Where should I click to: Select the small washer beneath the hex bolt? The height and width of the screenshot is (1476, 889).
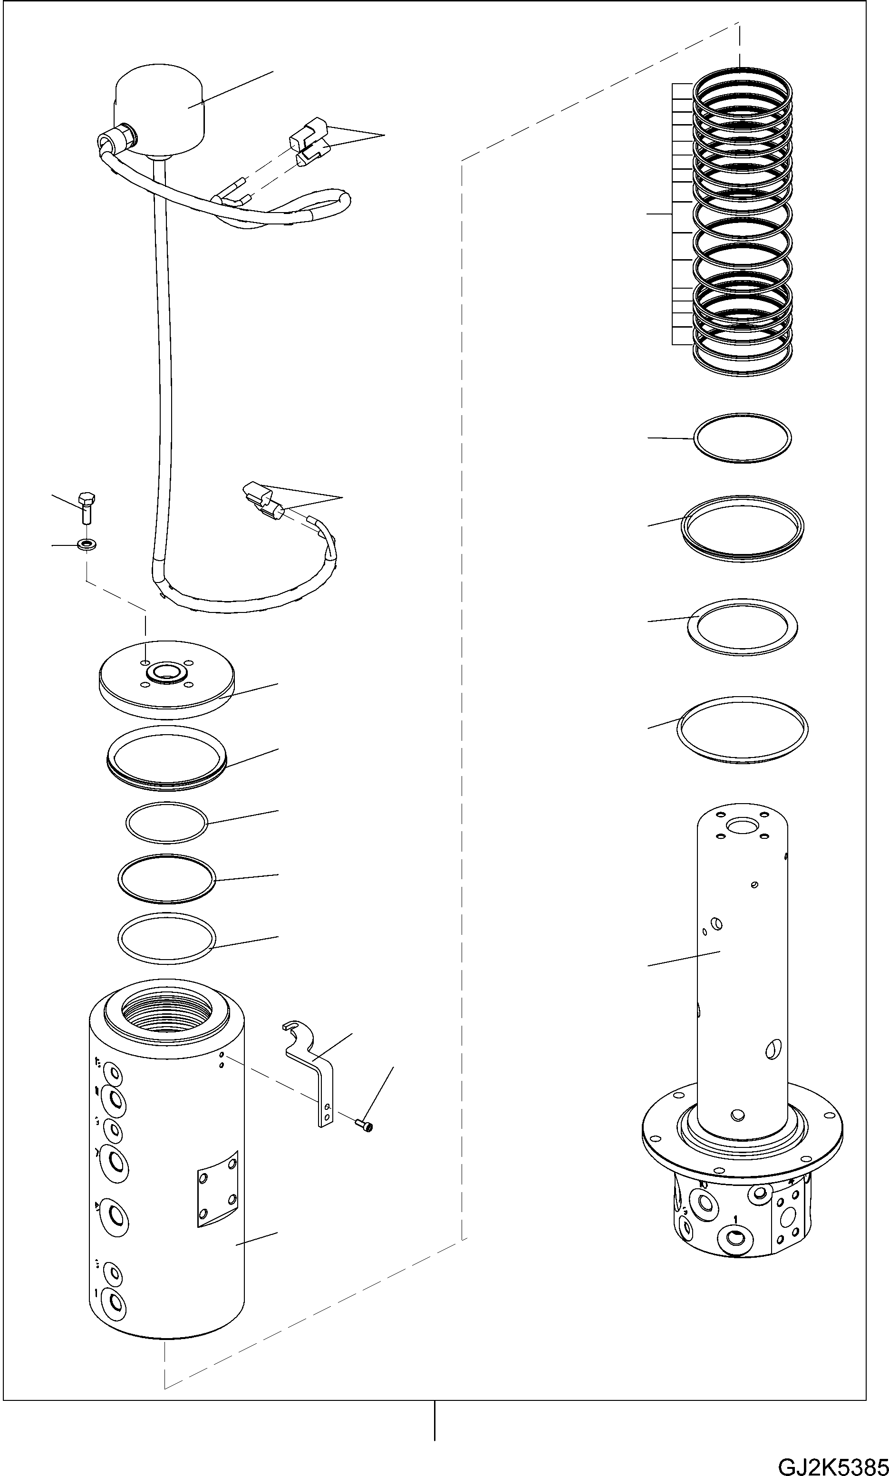point(88,544)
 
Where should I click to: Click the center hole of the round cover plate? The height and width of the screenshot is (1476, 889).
point(166,671)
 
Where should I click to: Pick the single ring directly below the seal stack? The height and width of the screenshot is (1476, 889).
point(742,438)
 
